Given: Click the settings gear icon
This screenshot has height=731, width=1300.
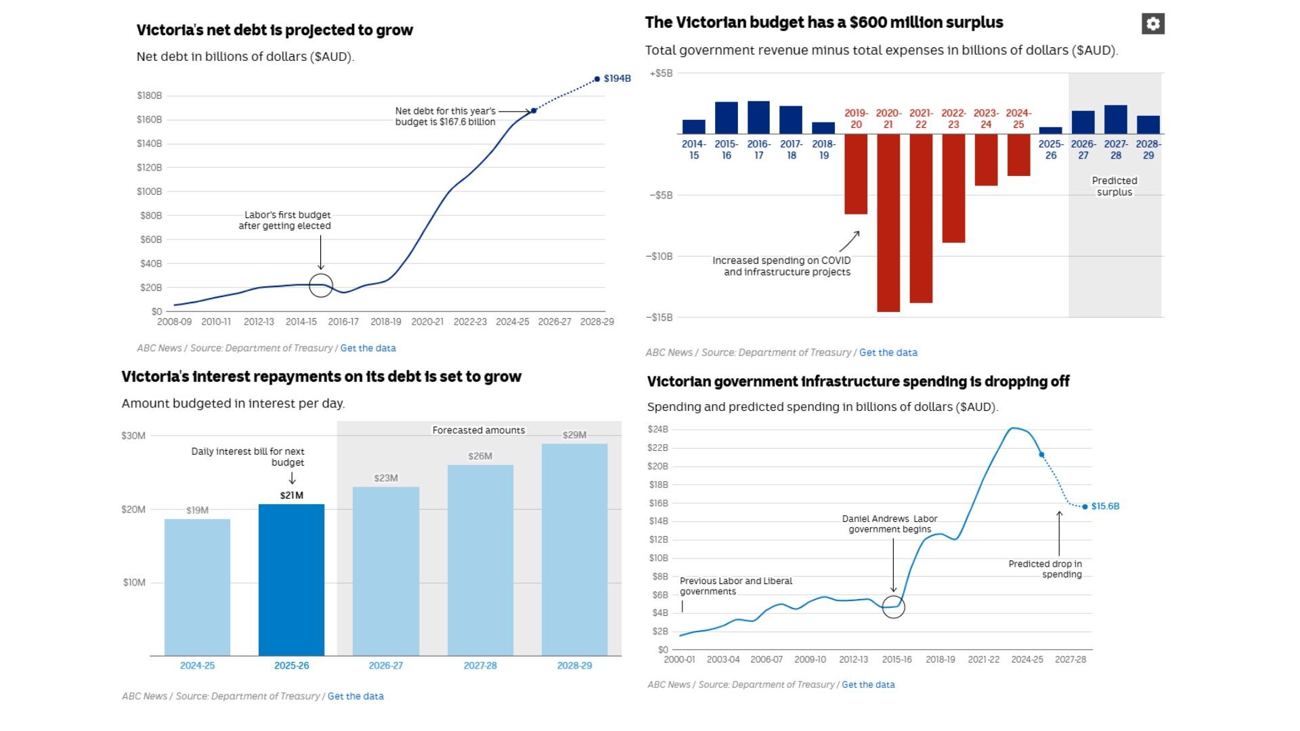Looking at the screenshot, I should click(x=1152, y=24).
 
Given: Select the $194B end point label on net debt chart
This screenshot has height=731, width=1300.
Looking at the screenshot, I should click(x=616, y=79).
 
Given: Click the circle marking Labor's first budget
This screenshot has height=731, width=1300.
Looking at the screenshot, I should click(x=321, y=286).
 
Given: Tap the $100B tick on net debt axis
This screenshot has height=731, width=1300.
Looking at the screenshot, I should click(x=150, y=192).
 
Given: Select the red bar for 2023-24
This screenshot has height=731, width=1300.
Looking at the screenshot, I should click(x=986, y=160).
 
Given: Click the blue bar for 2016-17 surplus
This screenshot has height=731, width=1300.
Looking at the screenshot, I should click(x=758, y=117).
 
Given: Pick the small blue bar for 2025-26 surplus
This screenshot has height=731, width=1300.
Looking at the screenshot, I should click(x=1050, y=131).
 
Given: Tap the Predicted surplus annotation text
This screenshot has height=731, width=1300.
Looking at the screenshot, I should click(x=1114, y=186).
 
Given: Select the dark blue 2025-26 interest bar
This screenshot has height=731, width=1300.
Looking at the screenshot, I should click(x=291, y=579).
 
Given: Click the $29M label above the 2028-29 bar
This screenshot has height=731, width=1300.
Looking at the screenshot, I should click(x=574, y=435).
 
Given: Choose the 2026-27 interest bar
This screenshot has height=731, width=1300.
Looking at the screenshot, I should click(x=385, y=571).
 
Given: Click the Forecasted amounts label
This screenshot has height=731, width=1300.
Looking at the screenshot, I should click(x=479, y=430).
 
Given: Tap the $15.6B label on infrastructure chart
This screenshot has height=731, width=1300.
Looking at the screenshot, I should click(x=1105, y=506).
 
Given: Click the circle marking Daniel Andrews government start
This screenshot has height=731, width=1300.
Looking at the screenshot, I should click(x=894, y=606).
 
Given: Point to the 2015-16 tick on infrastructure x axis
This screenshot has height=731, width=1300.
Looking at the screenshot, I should click(x=896, y=659).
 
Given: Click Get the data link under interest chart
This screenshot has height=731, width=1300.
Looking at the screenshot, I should click(x=355, y=696).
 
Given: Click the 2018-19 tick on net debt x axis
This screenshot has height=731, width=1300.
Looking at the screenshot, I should click(x=386, y=322).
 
